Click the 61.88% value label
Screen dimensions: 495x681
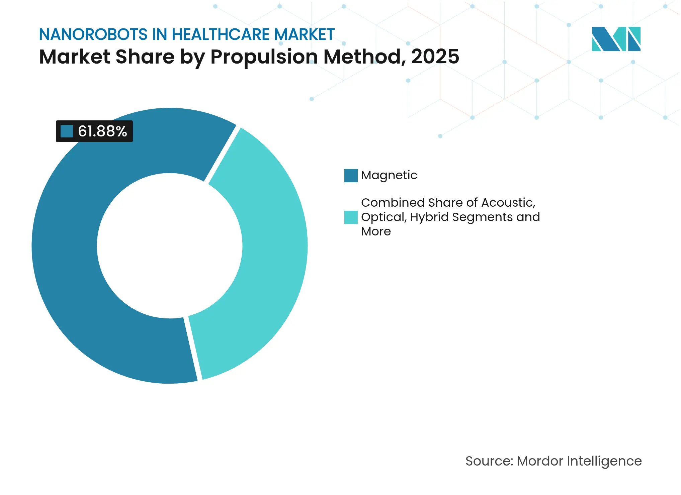click(x=102, y=131)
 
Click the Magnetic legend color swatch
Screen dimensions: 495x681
click(x=351, y=176)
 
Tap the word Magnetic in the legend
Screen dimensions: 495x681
click(x=389, y=175)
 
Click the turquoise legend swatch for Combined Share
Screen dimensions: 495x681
click(x=351, y=217)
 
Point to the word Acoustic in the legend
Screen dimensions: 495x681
click(x=508, y=203)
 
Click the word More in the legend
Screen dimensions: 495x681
click(x=376, y=231)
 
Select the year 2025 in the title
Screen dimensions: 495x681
click(x=435, y=57)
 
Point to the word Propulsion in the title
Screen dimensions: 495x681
click(x=264, y=57)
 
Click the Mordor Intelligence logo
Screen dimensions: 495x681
click(x=616, y=39)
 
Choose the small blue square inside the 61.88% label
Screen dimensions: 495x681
click(x=67, y=131)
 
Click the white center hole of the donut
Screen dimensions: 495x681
click(x=170, y=246)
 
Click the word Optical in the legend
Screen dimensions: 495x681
click(x=384, y=217)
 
